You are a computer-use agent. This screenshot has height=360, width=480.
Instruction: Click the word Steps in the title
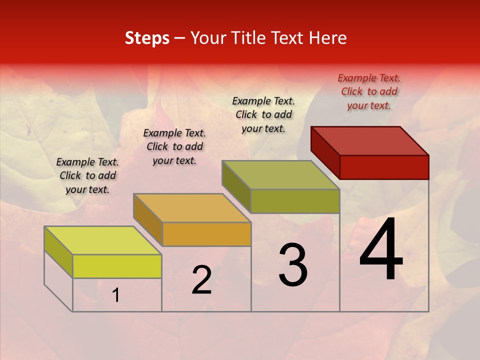[147, 38]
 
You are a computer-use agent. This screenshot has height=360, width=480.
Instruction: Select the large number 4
[381, 250]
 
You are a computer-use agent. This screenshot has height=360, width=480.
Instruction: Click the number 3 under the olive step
[293, 265]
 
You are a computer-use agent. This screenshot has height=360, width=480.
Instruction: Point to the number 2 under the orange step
[201, 280]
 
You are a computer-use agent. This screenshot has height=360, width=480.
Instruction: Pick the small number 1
[116, 295]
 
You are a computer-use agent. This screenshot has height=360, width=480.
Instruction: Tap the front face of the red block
[384, 167]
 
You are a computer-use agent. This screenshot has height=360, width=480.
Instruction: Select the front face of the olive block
[295, 201]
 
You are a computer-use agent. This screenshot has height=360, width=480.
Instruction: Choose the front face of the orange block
[206, 234]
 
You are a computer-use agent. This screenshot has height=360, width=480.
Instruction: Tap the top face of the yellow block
[103, 240]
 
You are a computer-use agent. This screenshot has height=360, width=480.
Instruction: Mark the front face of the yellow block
[117, 266]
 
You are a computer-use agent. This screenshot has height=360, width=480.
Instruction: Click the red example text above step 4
[369, 91]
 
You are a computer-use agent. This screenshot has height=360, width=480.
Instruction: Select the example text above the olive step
[263, 114]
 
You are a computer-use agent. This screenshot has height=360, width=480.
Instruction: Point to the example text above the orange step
[174, 146]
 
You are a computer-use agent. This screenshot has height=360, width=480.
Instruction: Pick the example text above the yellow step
[87, 175]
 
